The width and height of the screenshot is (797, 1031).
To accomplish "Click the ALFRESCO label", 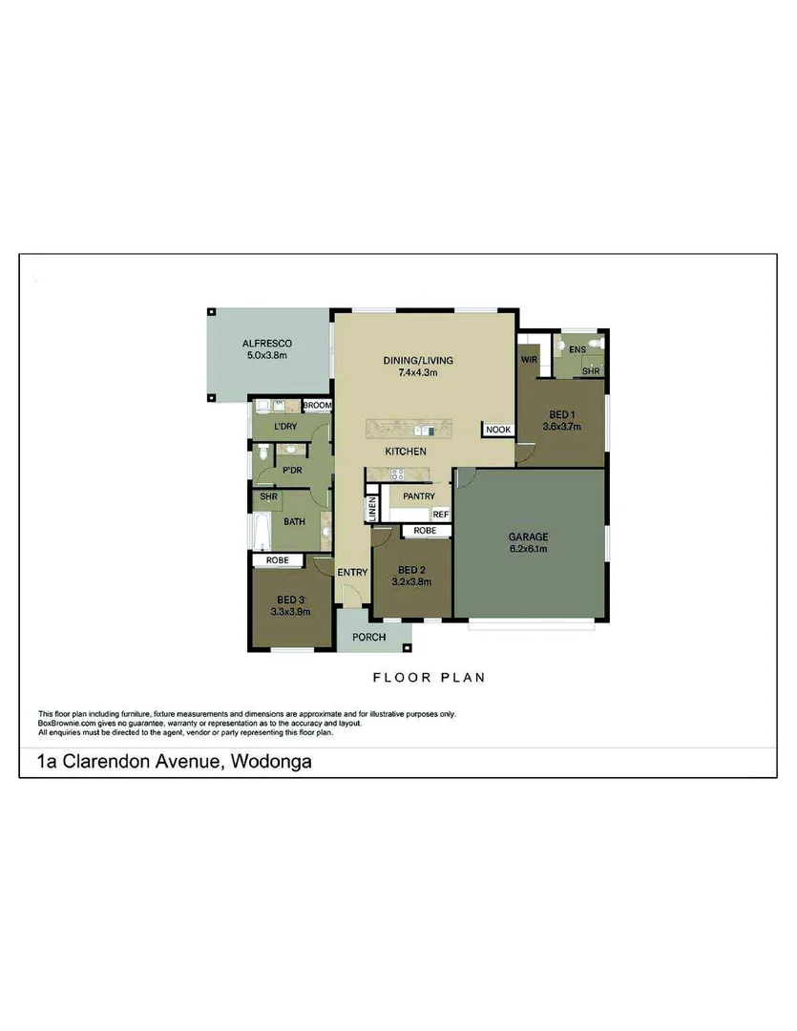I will [266, 343].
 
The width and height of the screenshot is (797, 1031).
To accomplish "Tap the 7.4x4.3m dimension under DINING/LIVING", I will [417, 372].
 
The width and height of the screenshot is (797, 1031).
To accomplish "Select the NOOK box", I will [498, 431].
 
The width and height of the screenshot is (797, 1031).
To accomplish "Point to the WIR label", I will [530, 360].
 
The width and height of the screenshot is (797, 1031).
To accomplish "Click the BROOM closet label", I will [317, 406].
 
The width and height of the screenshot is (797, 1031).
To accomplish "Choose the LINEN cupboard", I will [372, 507].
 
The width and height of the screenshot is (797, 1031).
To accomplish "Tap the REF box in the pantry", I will [440, 514].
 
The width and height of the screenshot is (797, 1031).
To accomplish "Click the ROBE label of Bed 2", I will [426, 530].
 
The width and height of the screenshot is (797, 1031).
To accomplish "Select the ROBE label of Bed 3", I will [278, 559].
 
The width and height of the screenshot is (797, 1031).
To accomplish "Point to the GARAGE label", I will [528, 537].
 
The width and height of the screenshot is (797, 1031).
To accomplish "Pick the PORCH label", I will [368, 637].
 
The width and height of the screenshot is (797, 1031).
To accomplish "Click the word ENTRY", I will [352, 572].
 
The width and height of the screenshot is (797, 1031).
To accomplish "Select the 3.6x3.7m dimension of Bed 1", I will [562, 427].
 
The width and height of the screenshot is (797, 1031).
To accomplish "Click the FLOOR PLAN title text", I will [429, 678].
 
